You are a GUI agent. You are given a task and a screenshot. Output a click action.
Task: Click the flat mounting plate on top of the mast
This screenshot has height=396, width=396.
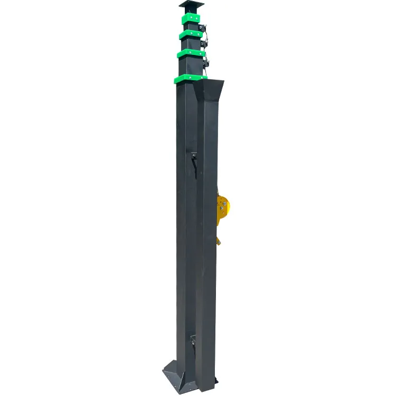click(191, 4)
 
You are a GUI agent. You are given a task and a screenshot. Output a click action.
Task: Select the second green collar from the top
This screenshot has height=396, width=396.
click(191, 34)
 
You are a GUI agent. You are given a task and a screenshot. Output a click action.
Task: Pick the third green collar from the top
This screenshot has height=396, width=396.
click(191, 53)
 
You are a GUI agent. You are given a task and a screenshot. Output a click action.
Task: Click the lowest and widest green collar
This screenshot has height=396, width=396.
click(190, 79)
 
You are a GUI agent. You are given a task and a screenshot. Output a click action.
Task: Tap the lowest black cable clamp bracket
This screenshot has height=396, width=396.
click(208, 64)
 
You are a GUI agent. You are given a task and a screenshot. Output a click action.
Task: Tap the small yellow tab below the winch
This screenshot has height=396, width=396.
click(218, 240)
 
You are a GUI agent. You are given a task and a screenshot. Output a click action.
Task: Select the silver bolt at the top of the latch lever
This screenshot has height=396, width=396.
click(194, 154)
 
